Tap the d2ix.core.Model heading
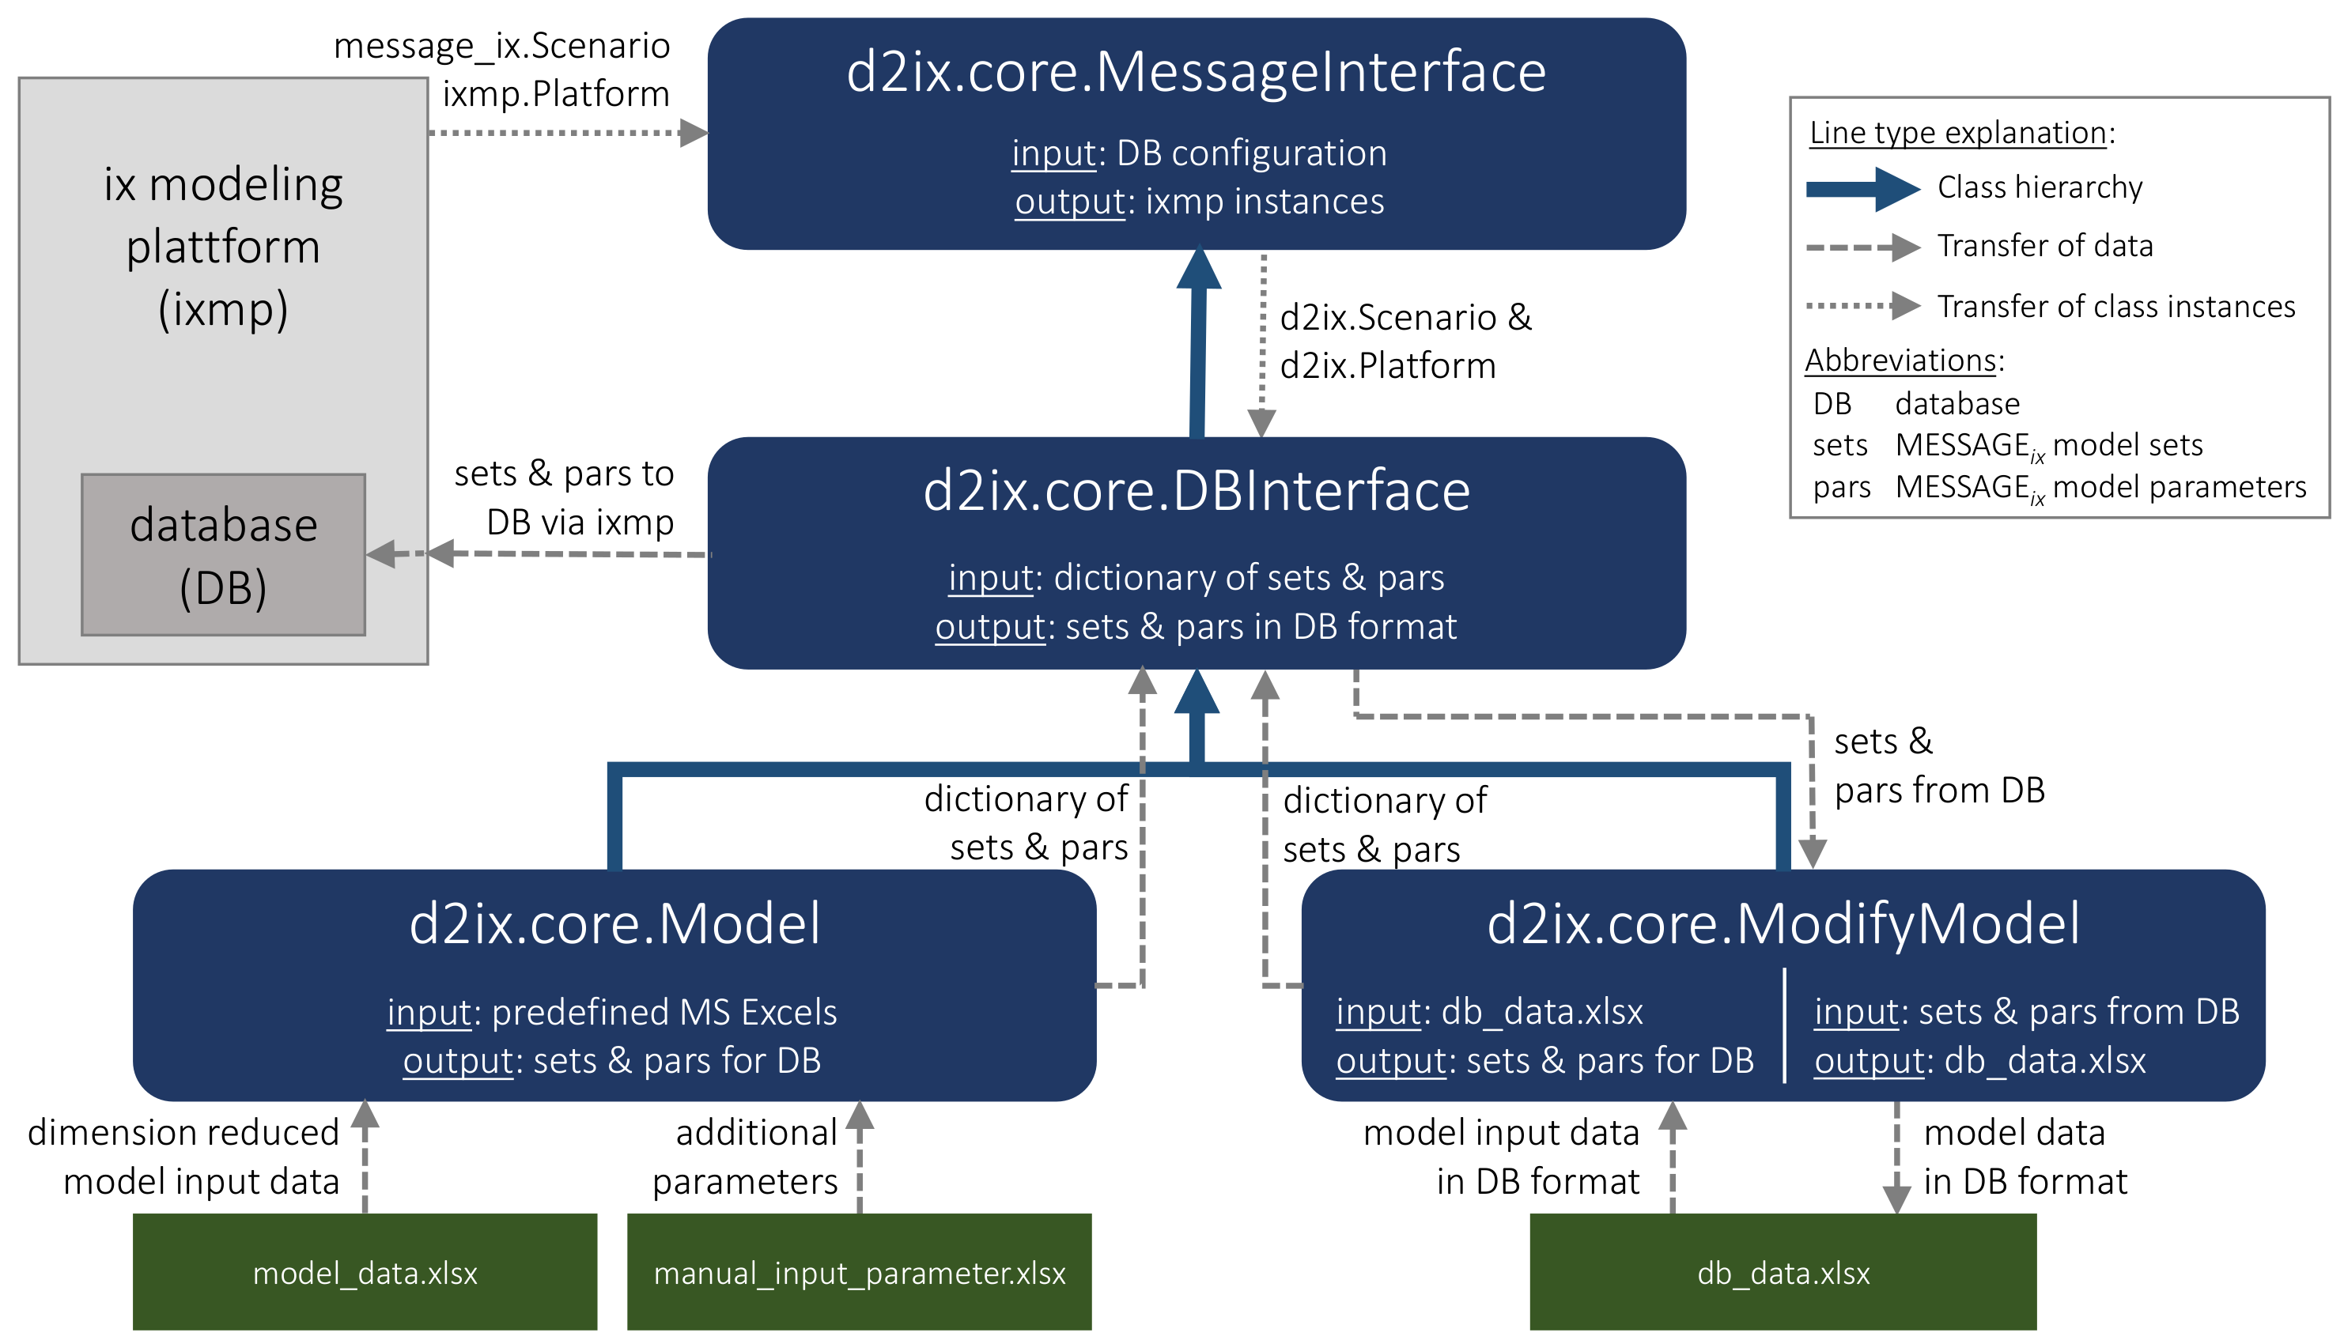(614, 923)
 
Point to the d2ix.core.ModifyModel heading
(1783, 923)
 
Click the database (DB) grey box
(223, 555)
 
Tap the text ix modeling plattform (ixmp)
(223, 246)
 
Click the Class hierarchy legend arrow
(1862, 190)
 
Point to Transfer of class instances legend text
(2115, 307)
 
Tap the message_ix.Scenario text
(501, 46)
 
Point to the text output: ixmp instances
(1199, 202)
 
